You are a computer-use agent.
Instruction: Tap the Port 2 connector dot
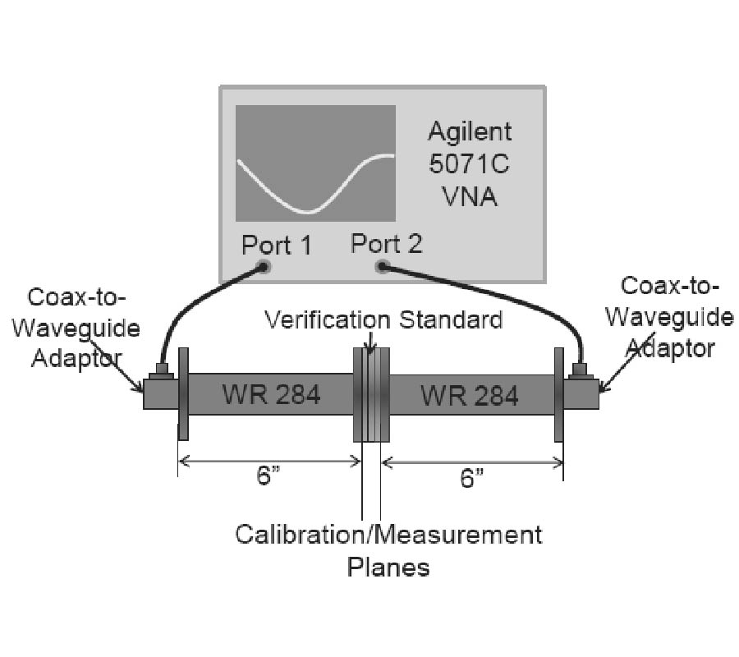click(x=382, y=266)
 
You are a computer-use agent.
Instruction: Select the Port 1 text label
click(x=277, y=245)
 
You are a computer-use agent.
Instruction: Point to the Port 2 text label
click(x=386, y=243)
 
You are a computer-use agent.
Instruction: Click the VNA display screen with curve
click(x=315, y=162)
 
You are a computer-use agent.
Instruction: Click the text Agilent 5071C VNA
click(x=469, y=163)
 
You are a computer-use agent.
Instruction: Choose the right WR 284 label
click(x=470, y=396)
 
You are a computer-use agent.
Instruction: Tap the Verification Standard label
click(x=383, y=319)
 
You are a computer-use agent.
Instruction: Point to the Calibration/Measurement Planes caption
click(x=388, y=549)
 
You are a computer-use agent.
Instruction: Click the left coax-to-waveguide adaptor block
click(x=160, y=392)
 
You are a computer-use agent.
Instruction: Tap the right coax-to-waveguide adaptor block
click(x=582, y=392)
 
